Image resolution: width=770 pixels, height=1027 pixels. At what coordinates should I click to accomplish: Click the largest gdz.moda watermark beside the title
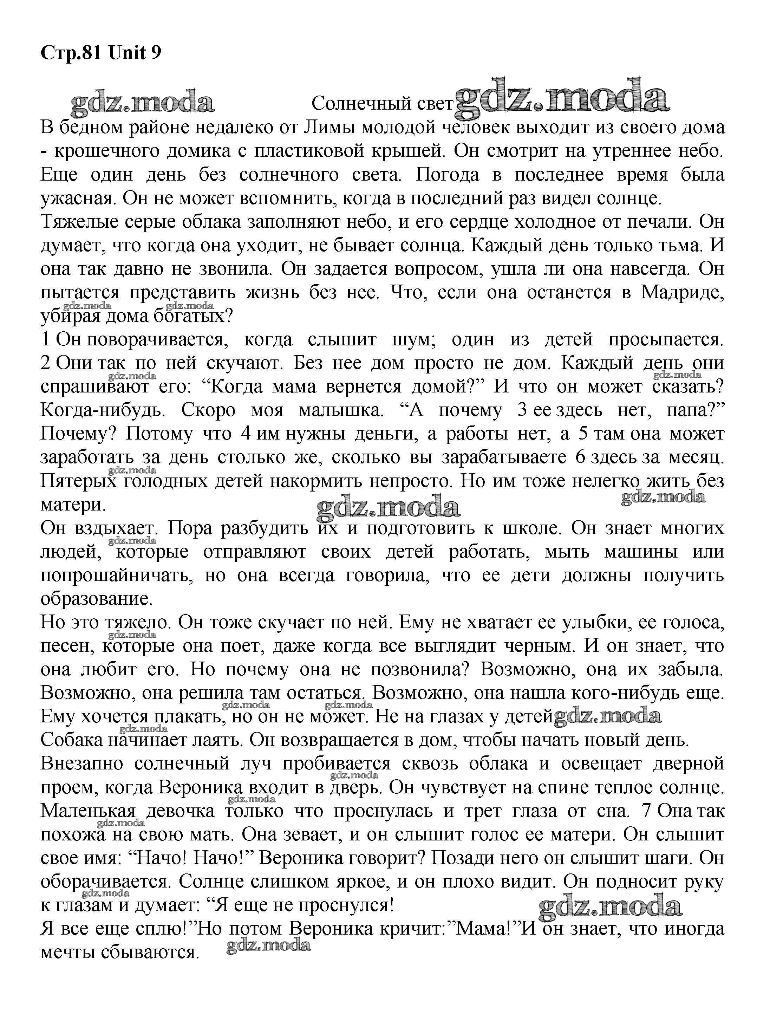coord(562,99)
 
